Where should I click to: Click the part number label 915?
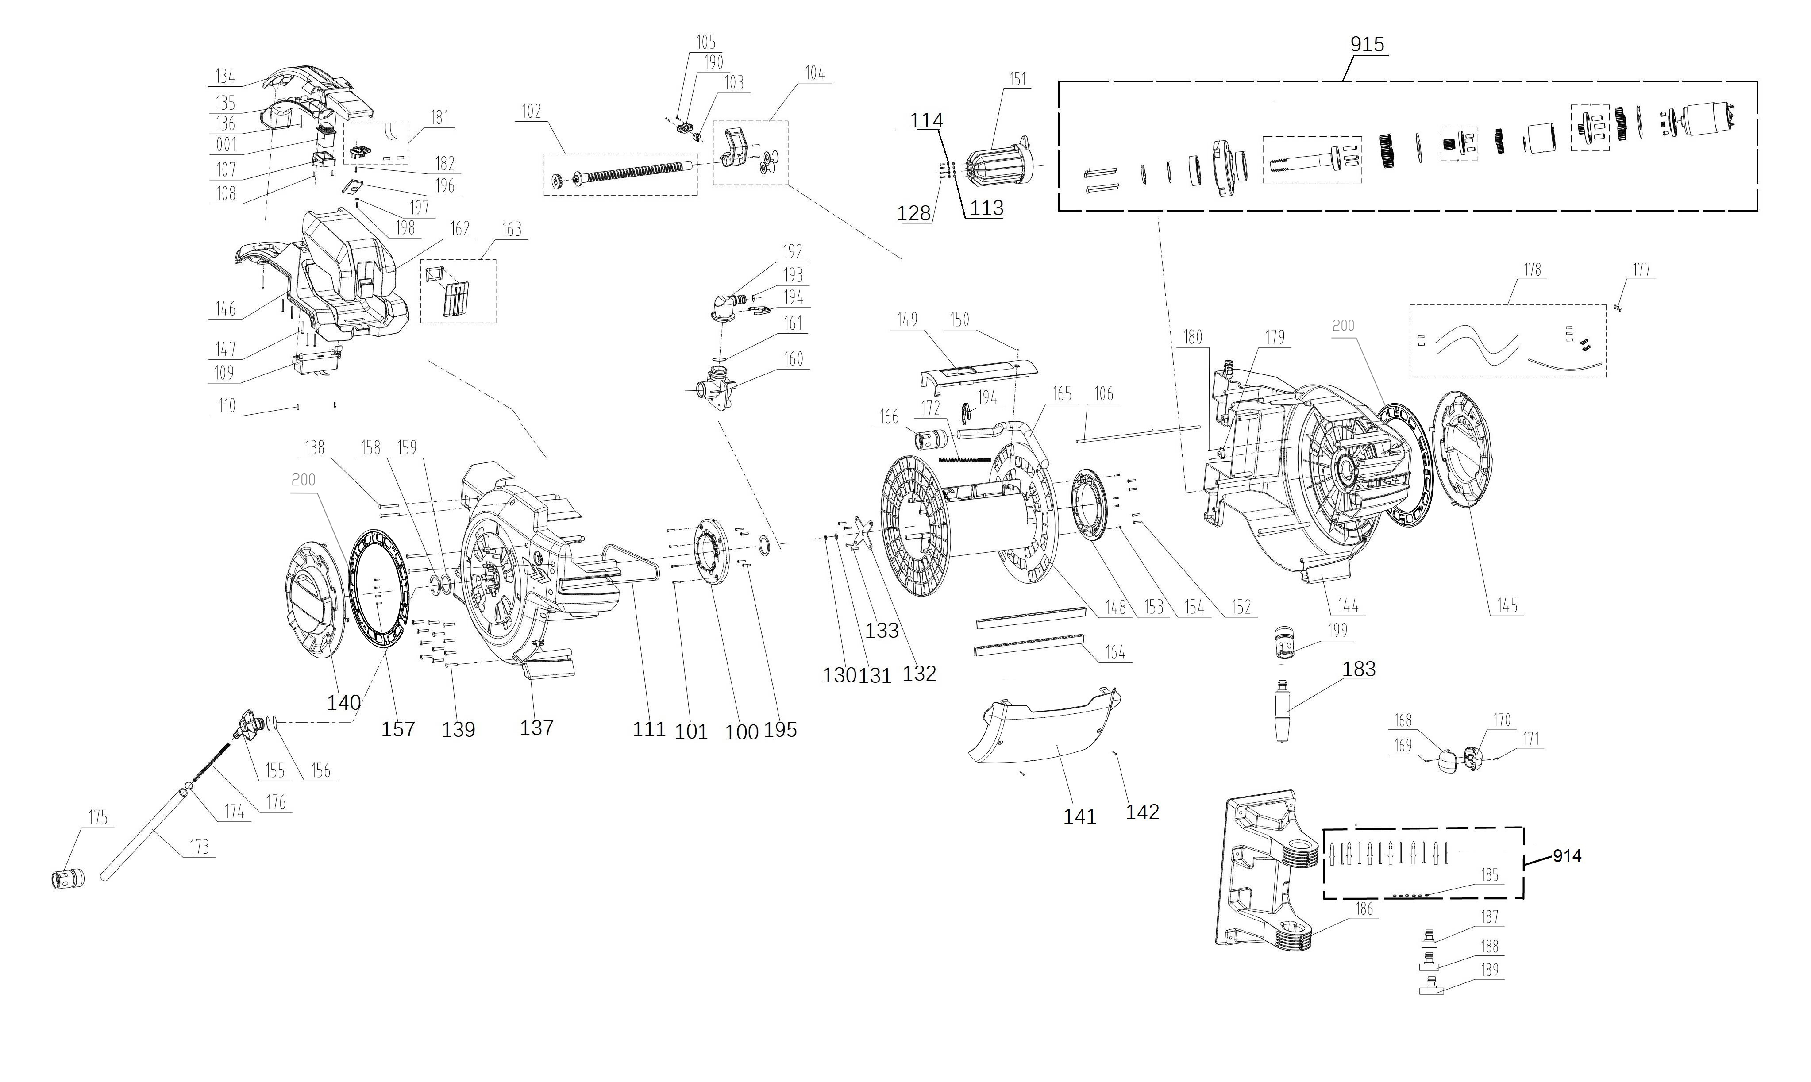tap(1367, 45)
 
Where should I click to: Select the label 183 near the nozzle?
tap(1359, 669)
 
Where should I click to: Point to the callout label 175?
tap(98, 817)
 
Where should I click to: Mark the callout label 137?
tap(536, 728)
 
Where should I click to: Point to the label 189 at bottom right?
tap(1490, 970)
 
